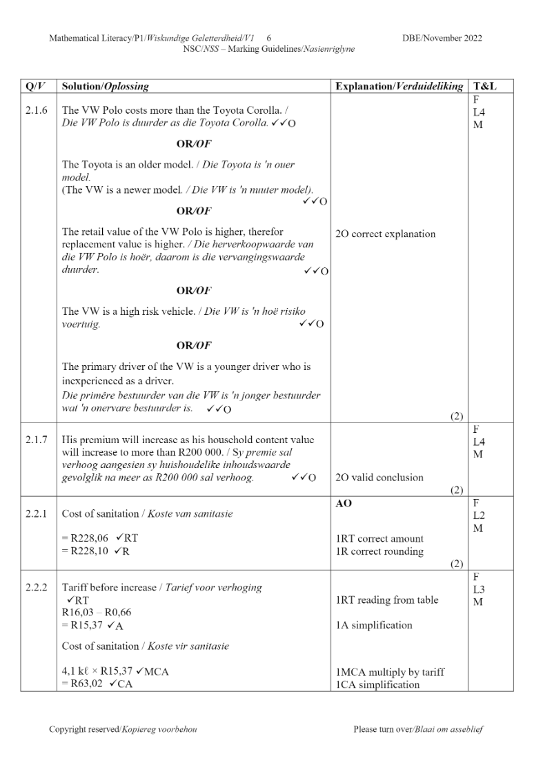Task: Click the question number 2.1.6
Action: (37, 110)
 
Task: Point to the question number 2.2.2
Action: (37, 587)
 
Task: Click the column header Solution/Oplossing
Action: (105, 87)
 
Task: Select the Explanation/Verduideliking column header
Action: (399, 87)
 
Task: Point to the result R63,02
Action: (86, 684)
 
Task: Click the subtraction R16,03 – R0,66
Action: (96, 613)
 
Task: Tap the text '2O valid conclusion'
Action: (379, 477)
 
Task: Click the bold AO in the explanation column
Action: (344, 504)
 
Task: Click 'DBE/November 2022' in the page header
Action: (442, 38)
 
